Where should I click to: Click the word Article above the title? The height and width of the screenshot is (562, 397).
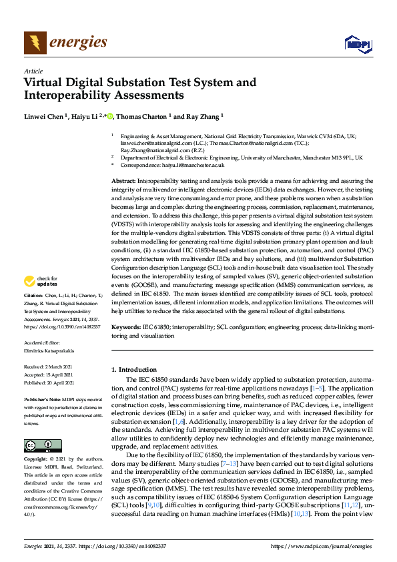33,71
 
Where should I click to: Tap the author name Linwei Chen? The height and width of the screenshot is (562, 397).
44,116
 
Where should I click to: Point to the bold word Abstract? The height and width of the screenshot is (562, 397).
123,181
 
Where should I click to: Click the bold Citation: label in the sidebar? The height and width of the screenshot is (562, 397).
34,313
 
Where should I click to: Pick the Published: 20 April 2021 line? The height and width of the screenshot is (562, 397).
53,382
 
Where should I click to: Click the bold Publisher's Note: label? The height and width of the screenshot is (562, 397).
42,397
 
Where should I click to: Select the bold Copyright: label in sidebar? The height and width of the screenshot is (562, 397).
37,460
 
